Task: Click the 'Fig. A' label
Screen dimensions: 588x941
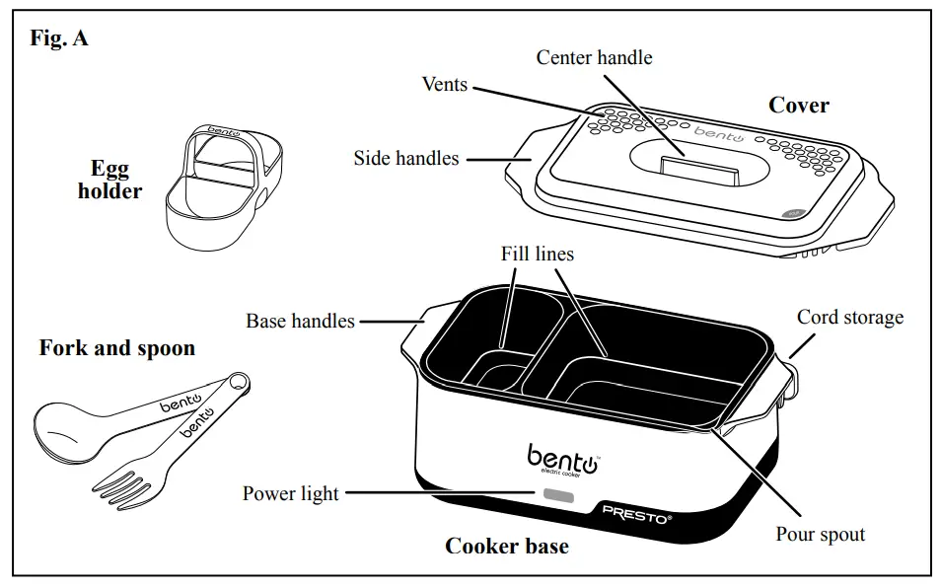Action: (x=60, y=40)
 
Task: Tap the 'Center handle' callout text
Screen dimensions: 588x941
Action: (x=594, y=57)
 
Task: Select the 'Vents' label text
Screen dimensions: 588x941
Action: (x=444, y=84)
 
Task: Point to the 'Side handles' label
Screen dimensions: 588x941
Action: (x=406, y=158)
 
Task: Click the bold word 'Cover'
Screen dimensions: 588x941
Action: (x=798, y=105)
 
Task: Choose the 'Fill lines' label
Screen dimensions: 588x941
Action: (x=538, y=254)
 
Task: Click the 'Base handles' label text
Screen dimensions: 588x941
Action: (x=300, y=321)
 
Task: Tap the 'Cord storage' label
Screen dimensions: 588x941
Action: (x=849, y=318)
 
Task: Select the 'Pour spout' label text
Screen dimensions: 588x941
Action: (x=820, y=535)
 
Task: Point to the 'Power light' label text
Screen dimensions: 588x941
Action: (x=291, y=493)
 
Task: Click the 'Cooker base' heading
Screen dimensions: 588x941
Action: (x=507, y=546)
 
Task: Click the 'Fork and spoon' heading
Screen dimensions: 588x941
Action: (x=117, y=348)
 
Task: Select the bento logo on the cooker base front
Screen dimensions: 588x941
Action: (x=562, y=458)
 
